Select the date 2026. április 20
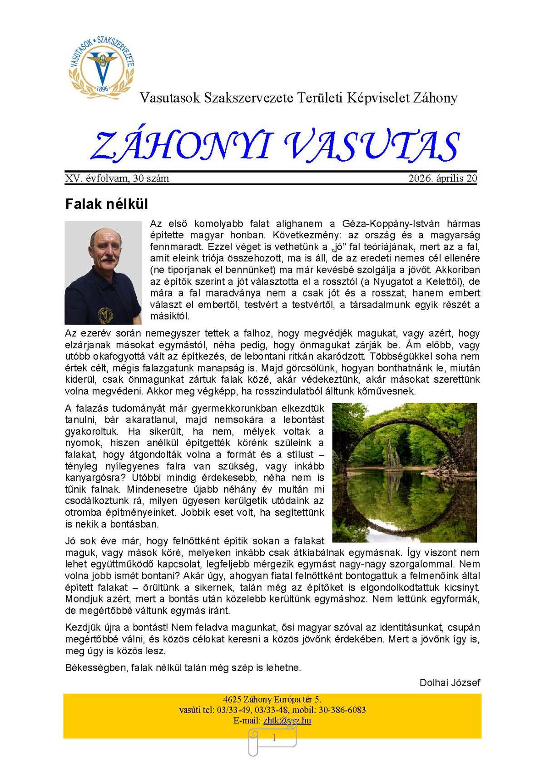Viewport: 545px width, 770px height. (442, 178)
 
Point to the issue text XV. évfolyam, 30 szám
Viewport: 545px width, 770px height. (117, 178)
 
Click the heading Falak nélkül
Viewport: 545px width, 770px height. (107, 204)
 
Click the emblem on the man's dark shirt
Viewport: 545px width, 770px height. (105, 313)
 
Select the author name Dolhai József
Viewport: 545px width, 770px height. (450, 683)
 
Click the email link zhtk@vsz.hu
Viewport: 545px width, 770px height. (287, 721)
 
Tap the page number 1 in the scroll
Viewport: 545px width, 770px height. (274, 738)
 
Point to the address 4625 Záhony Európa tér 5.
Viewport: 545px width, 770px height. (272, 700)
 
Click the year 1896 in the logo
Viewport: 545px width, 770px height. (102, 89)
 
